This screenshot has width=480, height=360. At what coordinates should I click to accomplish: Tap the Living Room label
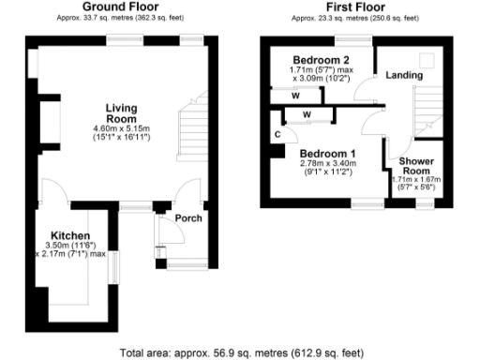pyautogui.click(x=121, y=113)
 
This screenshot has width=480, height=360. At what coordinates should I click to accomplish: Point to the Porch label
pyautogui.click(x=188, y=218)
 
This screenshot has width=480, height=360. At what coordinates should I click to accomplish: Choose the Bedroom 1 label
pyautogui.click(x=327, y=154)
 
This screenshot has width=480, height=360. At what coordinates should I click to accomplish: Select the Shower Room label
pyautogui.click(x=415, y=167)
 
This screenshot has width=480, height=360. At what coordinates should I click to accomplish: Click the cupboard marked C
pyautogui.click(x=277, y=135)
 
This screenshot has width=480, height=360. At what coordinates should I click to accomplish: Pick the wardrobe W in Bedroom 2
pyautogui.click(x=295, y=95)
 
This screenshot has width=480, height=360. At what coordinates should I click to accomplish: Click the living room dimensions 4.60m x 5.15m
pyautogui.click(x=121, y=129)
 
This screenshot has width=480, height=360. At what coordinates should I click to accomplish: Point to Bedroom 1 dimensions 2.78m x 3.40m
pyautogui.click(x=327, y=165)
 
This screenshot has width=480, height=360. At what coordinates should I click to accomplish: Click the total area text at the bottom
pyautogui.click(x=240, y=352)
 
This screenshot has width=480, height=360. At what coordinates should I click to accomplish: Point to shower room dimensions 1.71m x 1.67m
pyautogui.click(x=415, y=178)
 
